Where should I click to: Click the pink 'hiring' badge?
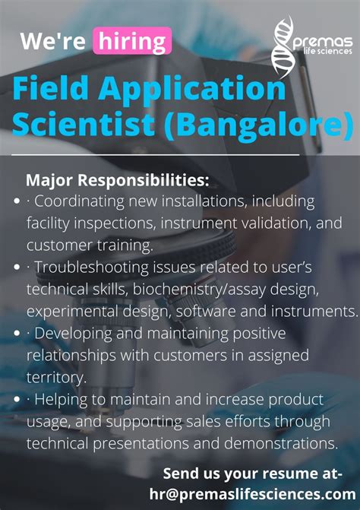(131, 41)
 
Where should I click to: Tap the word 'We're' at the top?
(52, 41)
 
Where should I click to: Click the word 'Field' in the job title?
(53, 90)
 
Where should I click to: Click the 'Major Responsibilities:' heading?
(117, 181)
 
